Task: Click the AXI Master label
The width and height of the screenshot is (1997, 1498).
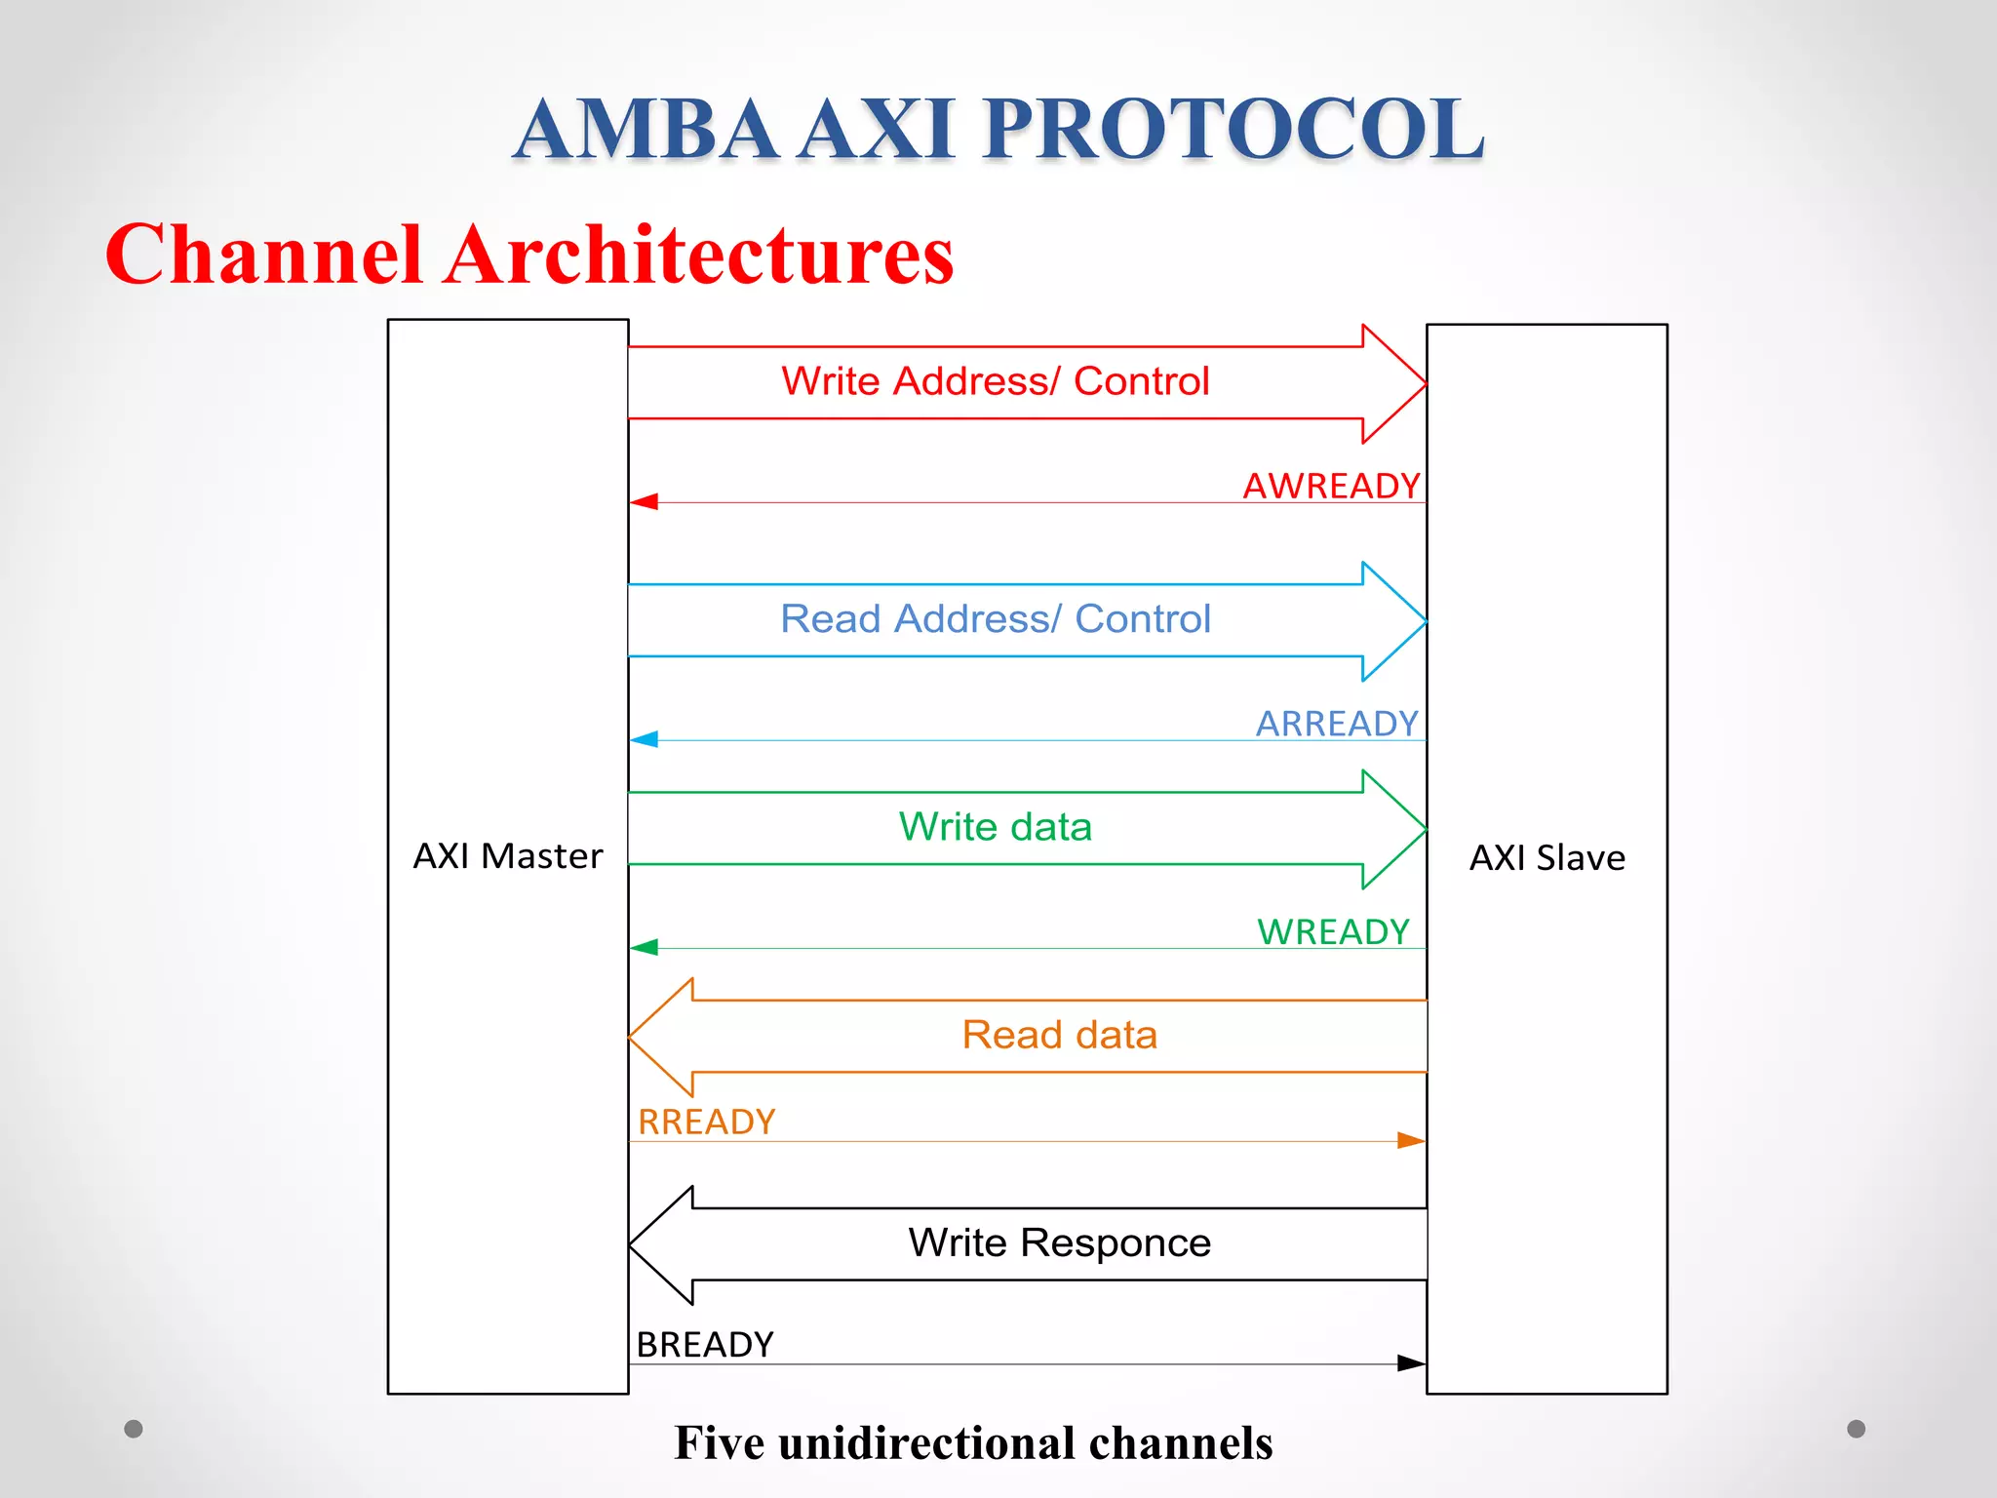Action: (507, 856)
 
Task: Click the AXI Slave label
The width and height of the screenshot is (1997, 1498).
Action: (1547, 858)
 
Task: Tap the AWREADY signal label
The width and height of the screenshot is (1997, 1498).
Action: (1331, 486)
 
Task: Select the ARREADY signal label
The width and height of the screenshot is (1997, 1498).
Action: (1337, 724)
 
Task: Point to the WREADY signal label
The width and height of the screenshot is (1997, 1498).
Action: (1333, 932)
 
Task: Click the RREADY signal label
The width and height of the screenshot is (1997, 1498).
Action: (706, 1123)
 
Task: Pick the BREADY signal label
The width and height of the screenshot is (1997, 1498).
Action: (704, 1345)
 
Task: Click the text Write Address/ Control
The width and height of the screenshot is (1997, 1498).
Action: (995, 381)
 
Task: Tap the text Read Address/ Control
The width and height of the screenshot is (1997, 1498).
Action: (995, 619)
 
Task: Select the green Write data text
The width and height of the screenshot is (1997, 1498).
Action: (995, 827)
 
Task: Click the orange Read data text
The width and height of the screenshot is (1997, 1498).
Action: (1059, 1035)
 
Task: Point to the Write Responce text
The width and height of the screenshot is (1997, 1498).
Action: (1059, 1243)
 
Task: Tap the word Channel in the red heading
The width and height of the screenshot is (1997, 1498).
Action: (263, 255)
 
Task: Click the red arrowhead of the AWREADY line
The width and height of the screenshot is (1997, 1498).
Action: (645, 501)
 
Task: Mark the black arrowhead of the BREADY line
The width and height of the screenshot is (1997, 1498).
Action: (1410, 1363)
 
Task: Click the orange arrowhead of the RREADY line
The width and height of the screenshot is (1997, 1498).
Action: (1410, 1140)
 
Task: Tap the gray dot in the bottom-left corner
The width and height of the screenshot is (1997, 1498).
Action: (134, 1429)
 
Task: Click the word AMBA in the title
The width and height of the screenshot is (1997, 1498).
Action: (646, 130)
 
